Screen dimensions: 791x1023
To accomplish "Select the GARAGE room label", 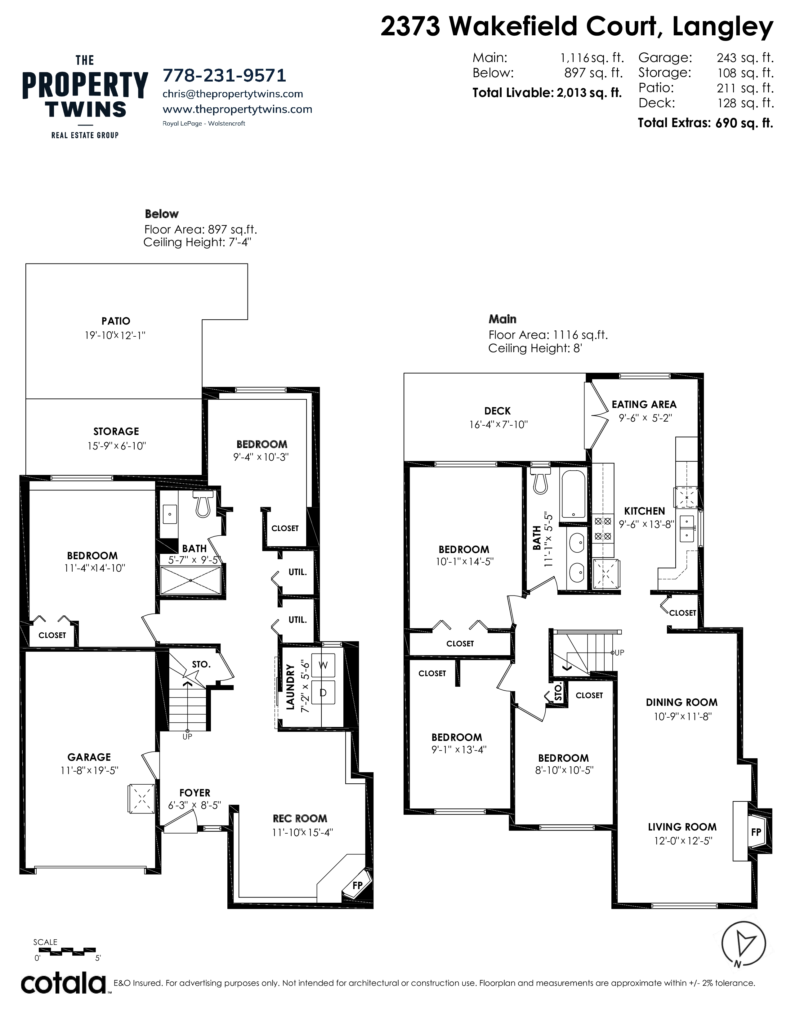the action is [89, 757].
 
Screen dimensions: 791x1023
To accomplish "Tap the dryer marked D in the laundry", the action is [323, 692].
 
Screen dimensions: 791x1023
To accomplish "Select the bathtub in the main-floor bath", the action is [573, 494].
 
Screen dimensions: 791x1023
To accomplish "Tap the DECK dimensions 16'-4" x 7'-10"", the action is [498, 424].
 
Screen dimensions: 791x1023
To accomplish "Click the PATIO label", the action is [116, 321].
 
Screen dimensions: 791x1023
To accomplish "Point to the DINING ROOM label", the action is [682, 702].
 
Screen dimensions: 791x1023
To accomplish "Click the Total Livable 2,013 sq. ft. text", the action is [547, 93].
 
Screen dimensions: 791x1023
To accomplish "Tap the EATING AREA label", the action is [644, 404].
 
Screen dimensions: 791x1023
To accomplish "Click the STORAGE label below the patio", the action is [116, 432].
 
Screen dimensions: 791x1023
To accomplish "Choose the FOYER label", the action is [195, 793].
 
